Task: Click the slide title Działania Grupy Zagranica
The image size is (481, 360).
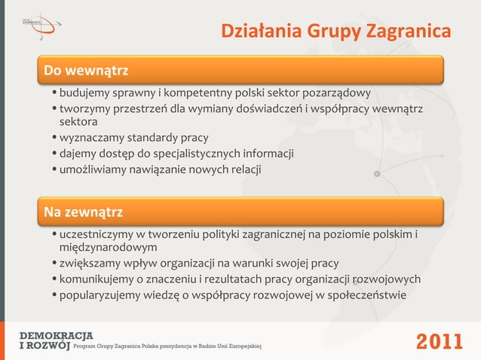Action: [335, 32]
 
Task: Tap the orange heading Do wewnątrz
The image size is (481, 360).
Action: [85, 71]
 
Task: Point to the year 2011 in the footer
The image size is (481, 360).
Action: [440, 341]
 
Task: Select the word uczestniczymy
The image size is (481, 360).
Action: [95, 234]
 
